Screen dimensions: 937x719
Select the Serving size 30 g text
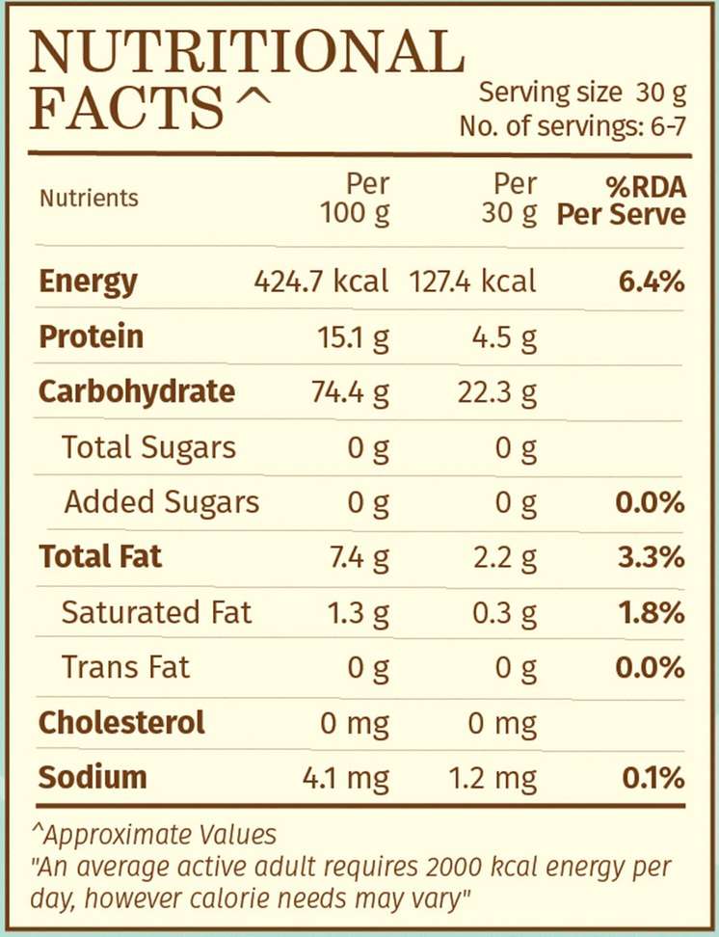click(581, 94)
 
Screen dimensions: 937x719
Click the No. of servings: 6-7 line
click(573, 126)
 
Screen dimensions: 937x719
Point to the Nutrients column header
click(89, 199)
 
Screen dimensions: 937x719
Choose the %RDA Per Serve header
click(622, 200)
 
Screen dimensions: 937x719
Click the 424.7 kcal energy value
click(321, 281)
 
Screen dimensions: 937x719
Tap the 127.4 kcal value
click(472, 281)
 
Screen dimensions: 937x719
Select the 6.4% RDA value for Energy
click(652, 281)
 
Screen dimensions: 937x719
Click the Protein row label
click(91, 336)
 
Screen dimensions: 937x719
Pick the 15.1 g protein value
click(354, 337)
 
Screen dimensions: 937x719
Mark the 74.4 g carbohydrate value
click(350, 392)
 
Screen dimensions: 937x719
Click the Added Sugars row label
click(161, 502)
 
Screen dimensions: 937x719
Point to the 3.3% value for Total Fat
click(652, 557)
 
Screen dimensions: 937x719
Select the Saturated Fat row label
click(156, 612)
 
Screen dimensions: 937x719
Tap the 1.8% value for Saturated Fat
click(652, 612)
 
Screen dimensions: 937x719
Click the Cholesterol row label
click(121, 722)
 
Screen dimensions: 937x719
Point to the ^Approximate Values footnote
click(155, 835)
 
